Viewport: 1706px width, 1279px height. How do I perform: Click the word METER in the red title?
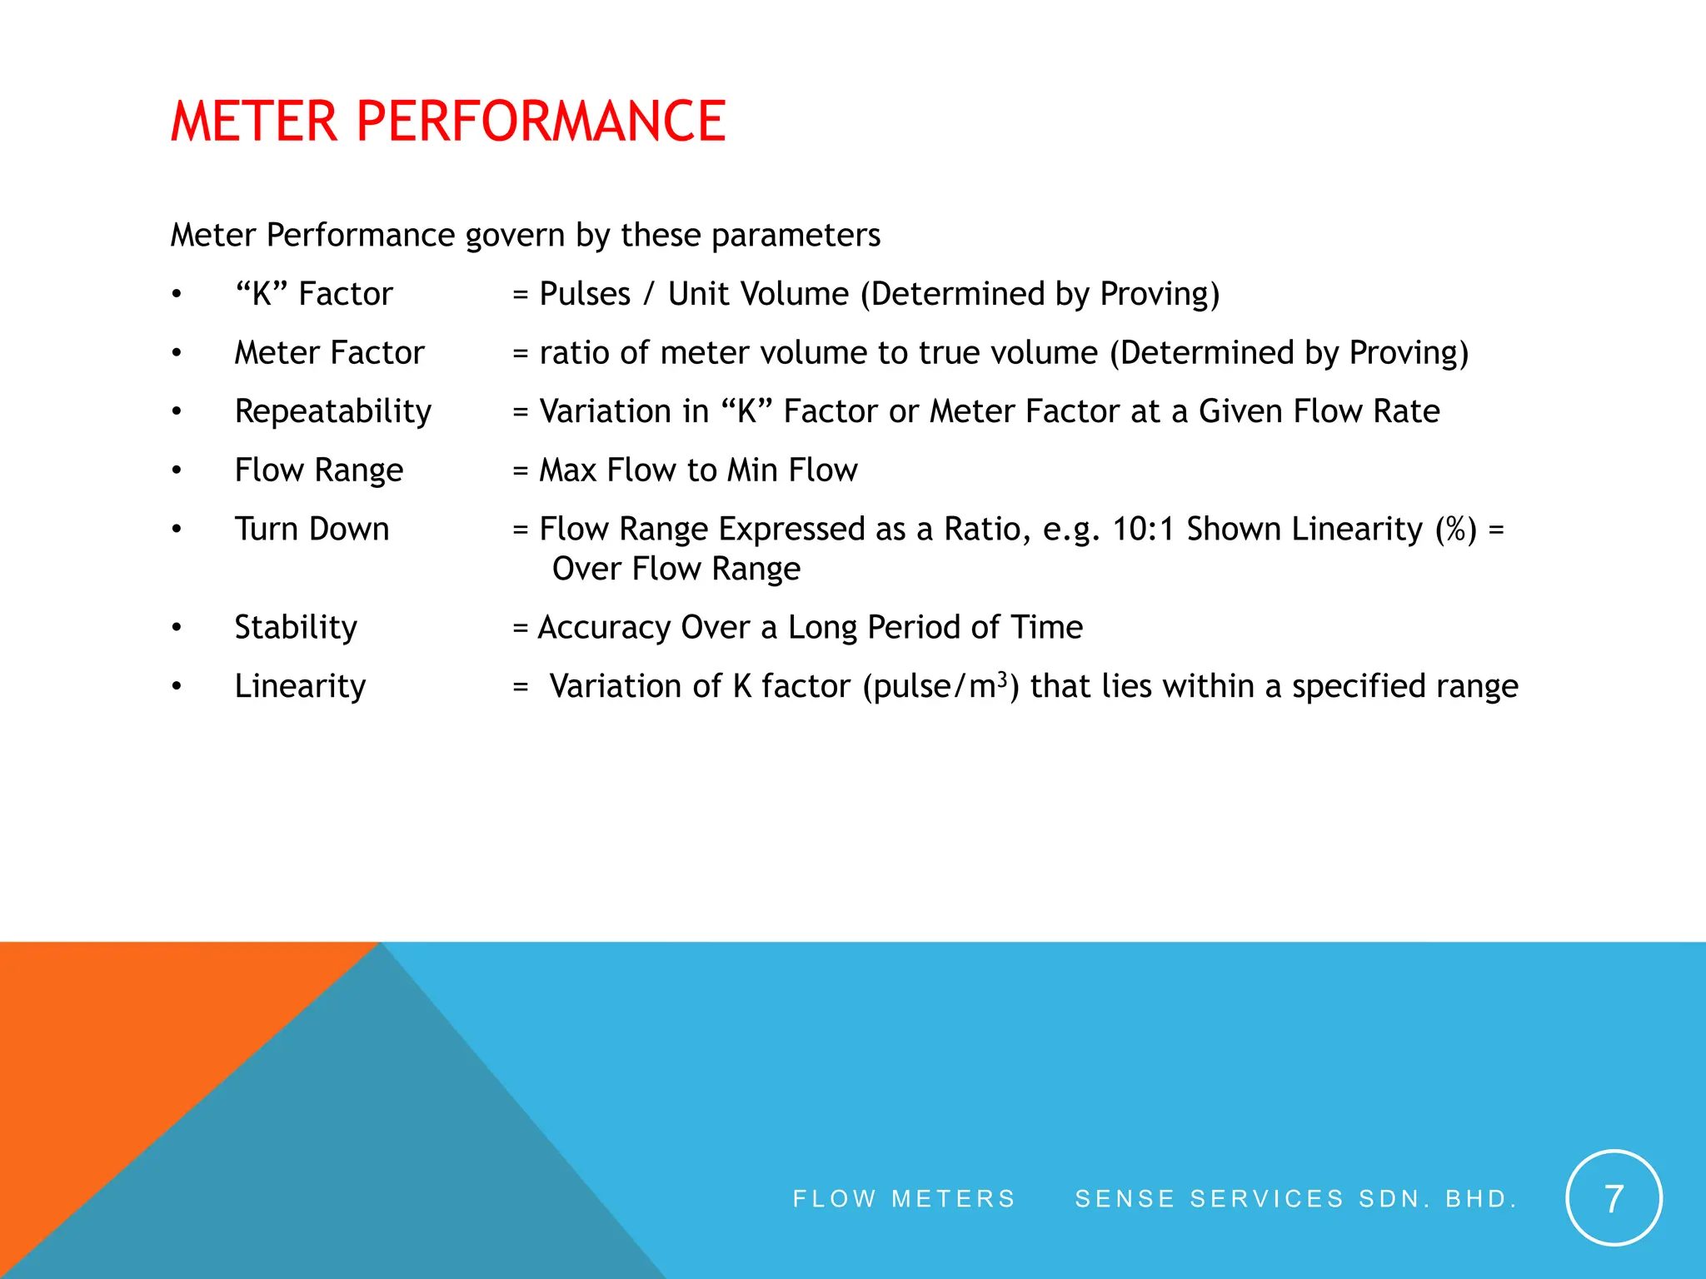point(254,122)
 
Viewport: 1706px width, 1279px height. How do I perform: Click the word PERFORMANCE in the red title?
point(541,122)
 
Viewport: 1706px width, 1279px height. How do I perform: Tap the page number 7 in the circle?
point(1614,1198)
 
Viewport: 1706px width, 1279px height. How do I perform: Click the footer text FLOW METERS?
point(904,1198)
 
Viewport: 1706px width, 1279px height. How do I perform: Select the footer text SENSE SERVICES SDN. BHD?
point(1296,1198)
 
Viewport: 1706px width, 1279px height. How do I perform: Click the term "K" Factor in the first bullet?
point(313,294)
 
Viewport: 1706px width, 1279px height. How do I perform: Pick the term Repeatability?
point(333,412)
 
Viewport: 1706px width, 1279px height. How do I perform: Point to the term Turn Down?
point(312,530)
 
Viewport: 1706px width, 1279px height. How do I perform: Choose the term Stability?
point(296,628)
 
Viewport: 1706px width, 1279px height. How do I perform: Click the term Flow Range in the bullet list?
point(319,470)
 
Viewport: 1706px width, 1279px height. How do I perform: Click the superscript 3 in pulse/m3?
point(1003,677)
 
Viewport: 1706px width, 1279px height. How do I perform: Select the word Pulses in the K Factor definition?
point(585,294)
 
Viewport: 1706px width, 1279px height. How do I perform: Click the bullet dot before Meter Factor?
point(177,353)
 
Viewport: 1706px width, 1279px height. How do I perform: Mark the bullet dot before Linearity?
point(177,687)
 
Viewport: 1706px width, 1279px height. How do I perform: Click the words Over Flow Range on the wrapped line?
point(676,570)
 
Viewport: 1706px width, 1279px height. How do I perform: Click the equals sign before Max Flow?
point(521,471)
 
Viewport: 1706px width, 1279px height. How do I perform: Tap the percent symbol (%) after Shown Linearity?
point(1455,530)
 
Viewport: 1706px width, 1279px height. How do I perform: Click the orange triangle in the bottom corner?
point(125,1041)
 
